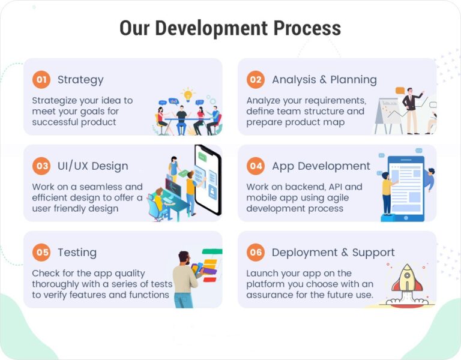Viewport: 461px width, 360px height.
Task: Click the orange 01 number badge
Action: pos(41,79)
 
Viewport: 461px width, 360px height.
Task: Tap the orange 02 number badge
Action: pos(256,79)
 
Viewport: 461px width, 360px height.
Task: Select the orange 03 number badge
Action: pos(41,166)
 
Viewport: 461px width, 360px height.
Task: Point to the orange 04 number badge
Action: pos(256,166)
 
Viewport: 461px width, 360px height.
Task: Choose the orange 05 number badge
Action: pos(41,252)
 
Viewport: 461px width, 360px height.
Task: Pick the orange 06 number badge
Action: pos(256,252)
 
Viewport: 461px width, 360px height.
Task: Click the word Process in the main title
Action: pos(307,28)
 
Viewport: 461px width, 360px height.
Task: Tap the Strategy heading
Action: pos(80,79)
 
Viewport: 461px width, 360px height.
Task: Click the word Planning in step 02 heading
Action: pos(354,79)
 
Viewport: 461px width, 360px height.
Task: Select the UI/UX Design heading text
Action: pos(92,166)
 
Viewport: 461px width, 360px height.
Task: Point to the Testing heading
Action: pos(77,252)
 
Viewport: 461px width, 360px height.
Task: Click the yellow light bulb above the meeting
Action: pos(188,94)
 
